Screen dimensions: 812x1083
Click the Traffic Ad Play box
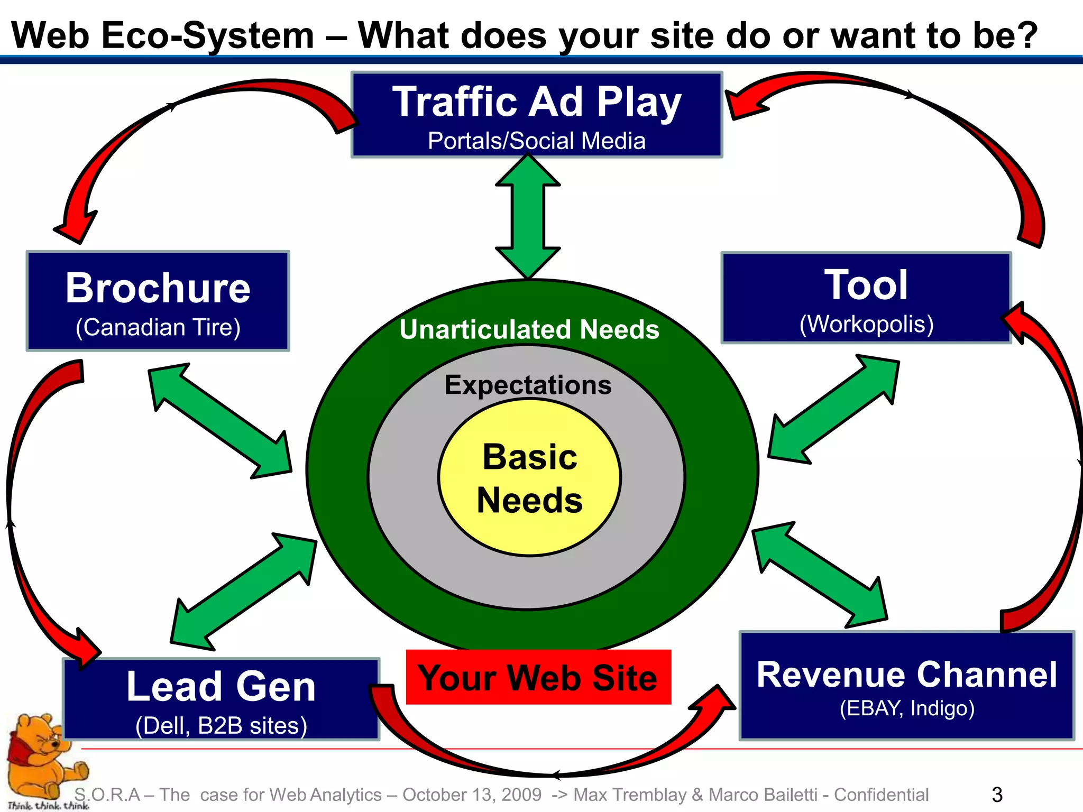[536, 114]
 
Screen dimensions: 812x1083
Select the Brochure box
[158, 300]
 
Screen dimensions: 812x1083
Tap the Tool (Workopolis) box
[866, 298]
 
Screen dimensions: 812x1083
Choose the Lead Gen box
[221, 699]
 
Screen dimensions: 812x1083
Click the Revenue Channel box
[906, 685]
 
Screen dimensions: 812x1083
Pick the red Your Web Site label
[538, 677]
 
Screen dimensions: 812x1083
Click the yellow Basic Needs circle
[530, 477]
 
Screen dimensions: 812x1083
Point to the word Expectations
[528, 385]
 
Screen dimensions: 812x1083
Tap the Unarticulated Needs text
[529, 329]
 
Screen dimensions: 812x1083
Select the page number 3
[997, 795]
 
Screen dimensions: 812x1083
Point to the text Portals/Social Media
[536, 141]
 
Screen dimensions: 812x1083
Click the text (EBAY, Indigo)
[906, 708]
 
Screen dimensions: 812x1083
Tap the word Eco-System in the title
[207, 36]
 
